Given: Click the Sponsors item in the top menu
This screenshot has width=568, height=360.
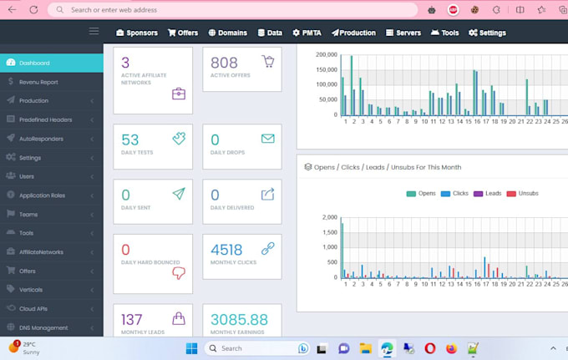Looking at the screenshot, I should point(136,33).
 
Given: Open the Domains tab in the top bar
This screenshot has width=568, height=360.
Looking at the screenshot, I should point(227,33).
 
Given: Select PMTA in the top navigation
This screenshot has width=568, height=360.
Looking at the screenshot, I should point(308,33).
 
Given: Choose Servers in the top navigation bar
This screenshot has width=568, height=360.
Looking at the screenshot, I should point(403,33).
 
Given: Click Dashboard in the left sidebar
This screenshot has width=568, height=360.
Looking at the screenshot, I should point(34,63).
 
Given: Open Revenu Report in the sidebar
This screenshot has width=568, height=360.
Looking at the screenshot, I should point(38,82).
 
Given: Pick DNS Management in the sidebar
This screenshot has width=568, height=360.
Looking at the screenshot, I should point(43,327).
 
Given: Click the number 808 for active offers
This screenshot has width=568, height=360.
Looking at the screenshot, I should point(224,63).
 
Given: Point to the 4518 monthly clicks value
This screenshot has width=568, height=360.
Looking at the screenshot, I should point(226,250).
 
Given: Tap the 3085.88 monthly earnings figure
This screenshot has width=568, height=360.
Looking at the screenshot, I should point(239,319).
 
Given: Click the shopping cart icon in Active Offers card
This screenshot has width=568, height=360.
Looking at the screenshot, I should point(267,62).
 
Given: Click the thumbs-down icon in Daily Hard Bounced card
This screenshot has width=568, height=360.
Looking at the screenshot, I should point(178,272).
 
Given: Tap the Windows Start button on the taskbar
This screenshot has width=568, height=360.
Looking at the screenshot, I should point(191,348).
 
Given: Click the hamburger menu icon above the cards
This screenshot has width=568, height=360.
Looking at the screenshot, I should point(94,32).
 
